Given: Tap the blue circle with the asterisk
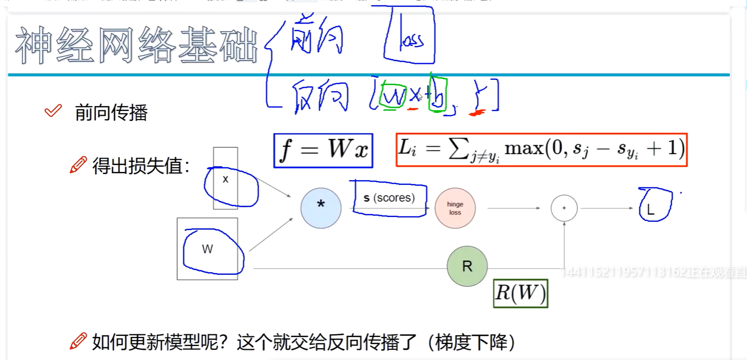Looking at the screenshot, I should [x=321, y=208].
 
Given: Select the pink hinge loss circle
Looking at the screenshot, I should [x=455, y=208].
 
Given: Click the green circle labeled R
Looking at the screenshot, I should [x=467, y=267].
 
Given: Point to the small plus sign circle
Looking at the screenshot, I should [x=564, y=208].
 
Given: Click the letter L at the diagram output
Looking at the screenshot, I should [x=651, y=210].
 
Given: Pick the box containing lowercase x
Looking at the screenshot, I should [x=225, y=179].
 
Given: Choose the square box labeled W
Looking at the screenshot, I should [x=207, y=249].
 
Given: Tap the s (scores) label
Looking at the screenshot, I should [x=389, y=198].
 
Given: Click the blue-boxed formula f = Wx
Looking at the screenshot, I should [x=323, y=151].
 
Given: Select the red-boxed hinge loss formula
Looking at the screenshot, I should [x=541, y=149].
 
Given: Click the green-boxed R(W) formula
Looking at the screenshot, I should [x=520, y=293].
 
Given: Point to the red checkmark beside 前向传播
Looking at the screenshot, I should [x=53, y=111].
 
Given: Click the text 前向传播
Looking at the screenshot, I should [x=111, y=112].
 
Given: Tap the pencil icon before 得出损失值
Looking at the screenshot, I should [x=78, y=165].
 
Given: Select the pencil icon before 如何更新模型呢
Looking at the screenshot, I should [x=78, y=340].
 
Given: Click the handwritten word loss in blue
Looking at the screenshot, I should [x=410, y=40].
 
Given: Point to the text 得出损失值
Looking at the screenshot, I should [x=141, y=166].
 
